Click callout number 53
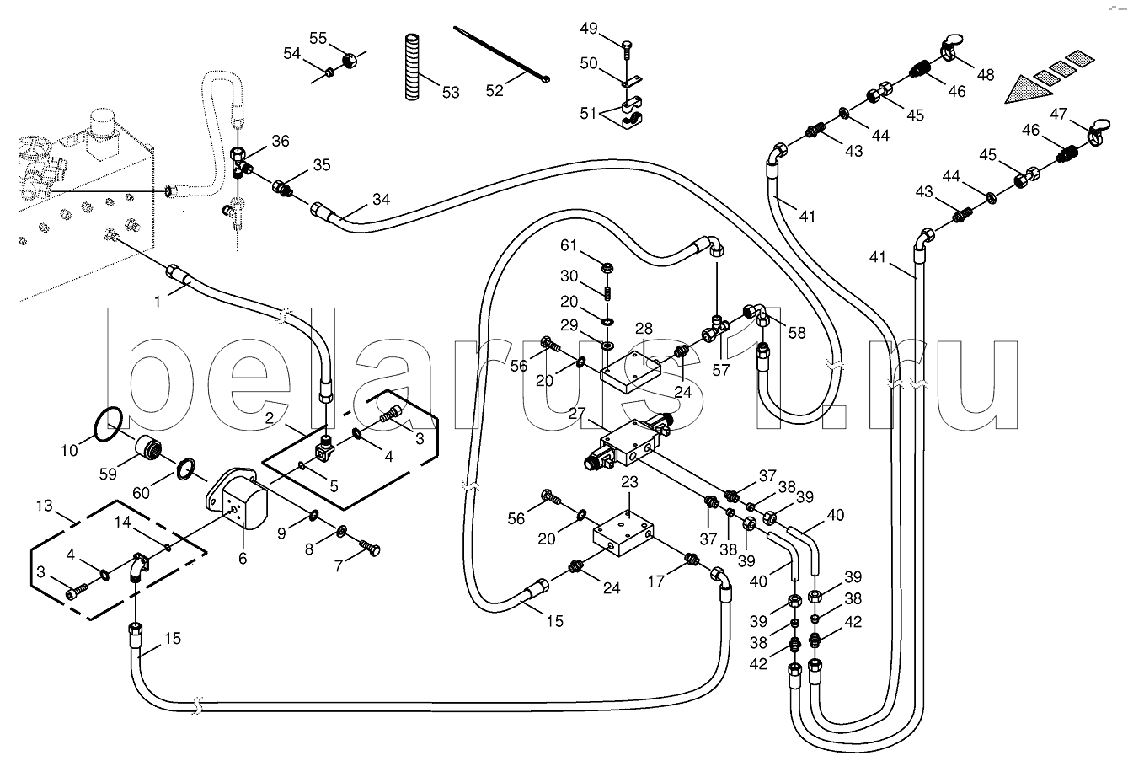tap(451, 91)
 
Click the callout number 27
tap(576, 414)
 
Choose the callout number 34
tap(382, 200)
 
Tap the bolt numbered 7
tap(369, 548)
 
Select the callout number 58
tap(796, 333)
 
